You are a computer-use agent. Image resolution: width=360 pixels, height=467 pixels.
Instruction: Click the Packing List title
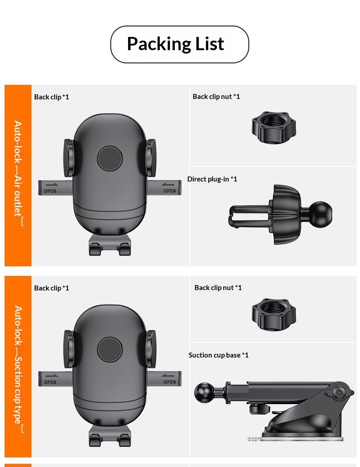175,44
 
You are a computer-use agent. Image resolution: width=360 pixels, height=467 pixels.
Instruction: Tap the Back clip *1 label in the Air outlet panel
51,97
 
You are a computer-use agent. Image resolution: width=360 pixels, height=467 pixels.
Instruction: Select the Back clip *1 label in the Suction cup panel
51,288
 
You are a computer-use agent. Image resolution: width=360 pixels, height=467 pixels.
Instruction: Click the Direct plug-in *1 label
212,179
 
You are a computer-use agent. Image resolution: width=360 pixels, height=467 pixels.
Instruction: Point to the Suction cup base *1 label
219,355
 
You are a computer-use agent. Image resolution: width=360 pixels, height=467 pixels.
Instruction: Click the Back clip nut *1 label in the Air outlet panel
216,96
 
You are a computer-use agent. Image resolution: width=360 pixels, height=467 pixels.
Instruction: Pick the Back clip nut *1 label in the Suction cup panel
218,287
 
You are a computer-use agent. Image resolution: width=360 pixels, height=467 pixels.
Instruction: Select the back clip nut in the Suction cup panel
274,315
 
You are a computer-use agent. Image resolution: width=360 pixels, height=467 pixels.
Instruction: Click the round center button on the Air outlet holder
110,158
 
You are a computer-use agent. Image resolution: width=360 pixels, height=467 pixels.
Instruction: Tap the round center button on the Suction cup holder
110,350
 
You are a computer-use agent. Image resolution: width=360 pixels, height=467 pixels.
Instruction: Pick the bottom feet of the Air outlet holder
110,246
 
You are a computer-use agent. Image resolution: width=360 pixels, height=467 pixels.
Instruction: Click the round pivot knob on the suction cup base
338,393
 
